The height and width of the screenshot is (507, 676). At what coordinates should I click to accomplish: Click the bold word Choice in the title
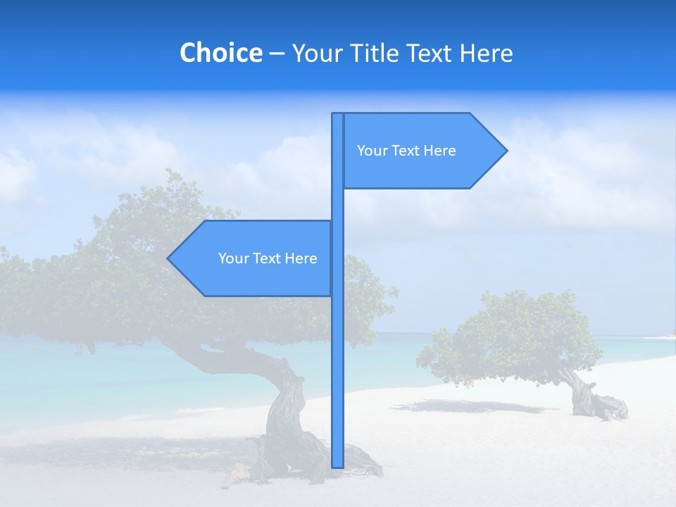coord(220,53)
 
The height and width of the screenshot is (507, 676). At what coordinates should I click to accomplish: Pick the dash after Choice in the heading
coord(277,54)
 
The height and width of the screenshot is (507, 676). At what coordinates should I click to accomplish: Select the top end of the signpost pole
coord(337,115)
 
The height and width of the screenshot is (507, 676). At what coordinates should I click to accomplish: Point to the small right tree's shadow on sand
coord(465,406)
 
